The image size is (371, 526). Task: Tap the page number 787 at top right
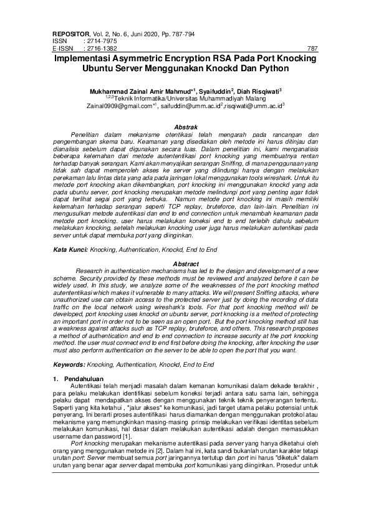[312, 47]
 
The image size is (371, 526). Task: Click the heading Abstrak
[185, 128]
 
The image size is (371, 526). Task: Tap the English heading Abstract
[185, 264]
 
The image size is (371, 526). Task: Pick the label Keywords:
[69, 364]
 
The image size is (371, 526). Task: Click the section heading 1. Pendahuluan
[75, 379]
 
